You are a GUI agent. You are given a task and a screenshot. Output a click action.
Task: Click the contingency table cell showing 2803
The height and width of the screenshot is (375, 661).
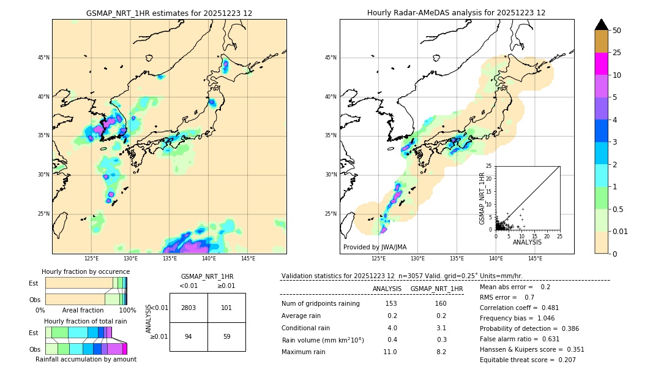coord(188,308)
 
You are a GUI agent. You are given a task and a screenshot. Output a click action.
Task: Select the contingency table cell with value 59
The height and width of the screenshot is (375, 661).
coord(226,336)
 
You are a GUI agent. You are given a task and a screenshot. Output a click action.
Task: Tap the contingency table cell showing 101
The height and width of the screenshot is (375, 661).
coord(226,308)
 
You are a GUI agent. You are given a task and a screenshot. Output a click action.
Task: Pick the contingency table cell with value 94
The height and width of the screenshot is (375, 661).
coord(188,336)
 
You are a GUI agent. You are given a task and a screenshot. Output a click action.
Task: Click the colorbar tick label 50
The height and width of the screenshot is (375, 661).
coord(617,31)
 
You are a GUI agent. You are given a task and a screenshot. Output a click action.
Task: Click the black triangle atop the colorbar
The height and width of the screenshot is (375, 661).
coord(602,25)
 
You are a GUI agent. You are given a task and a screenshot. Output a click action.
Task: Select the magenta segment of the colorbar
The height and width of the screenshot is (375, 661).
coord(602,64)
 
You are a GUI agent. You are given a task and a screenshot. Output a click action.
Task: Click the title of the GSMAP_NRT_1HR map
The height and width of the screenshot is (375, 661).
coord(169,13)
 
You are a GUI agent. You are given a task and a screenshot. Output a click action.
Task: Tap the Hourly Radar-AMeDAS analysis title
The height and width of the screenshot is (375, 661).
coord(457,13)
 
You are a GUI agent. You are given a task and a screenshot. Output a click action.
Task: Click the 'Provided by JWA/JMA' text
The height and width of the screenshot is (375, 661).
coord(375,247)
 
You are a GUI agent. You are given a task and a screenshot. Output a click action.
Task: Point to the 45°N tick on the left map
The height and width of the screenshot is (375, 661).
coord(43,58)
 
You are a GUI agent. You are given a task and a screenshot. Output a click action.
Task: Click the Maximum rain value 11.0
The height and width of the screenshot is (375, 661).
coord(390,352)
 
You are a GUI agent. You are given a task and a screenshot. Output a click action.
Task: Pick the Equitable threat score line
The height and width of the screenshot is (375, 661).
coord(528,360)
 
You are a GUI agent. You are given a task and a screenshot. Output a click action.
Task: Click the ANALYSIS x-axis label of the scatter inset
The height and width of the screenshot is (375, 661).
coord(527,242)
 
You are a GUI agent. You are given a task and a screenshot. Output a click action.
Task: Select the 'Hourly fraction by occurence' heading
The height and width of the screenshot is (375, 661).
coord(86,271)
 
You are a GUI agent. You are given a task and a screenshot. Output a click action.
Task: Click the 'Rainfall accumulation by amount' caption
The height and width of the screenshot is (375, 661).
coord(86,359)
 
